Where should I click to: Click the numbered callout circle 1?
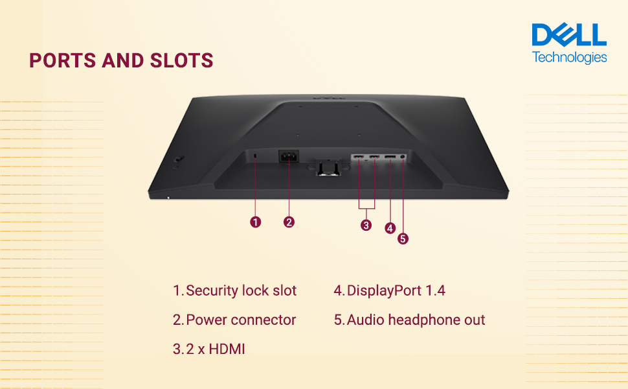pos(256,222)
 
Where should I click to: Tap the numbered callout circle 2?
pos(289,222)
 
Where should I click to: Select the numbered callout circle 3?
pos(366,225)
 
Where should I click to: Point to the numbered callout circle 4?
pos(390,228)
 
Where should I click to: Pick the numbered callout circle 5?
pos(403,239)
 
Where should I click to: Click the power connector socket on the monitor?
pos(287,158)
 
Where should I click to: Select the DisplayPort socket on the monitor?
pos(390,158)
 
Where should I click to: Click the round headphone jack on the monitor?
pos(404,157)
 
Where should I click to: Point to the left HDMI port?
pos(358,158)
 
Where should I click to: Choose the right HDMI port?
pos(374,158)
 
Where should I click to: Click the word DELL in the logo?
pos(569,36)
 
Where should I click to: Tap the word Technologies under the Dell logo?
pos(570,57)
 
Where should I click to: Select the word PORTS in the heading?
pos(62,60)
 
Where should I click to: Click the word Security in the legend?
pos(211,290)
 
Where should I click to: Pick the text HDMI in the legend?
pos(227,349)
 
